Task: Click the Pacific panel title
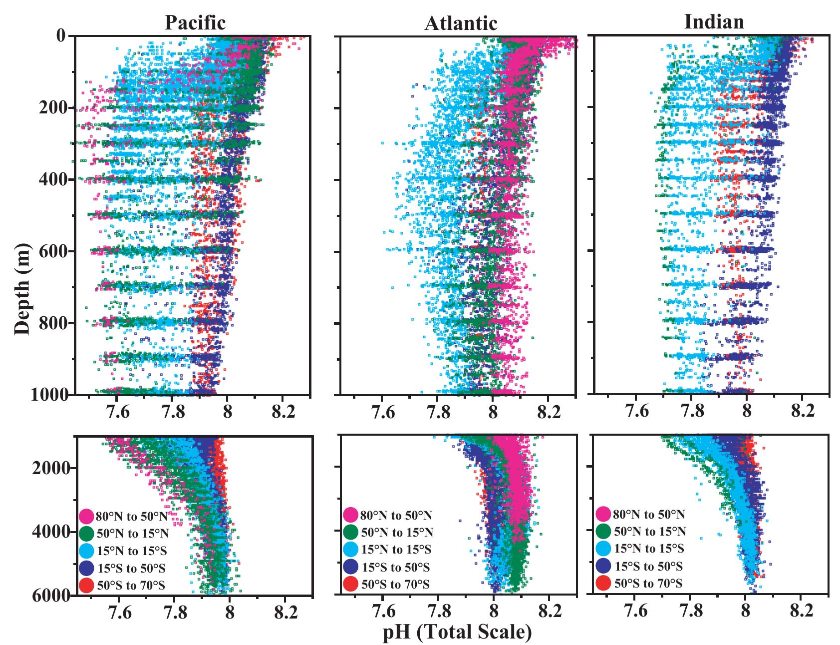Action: point(195,22)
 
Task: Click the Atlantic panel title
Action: point(461,23)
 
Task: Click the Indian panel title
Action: point(714,21)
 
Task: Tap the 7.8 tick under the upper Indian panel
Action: point(691,412)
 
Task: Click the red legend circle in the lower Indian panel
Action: point(603,583)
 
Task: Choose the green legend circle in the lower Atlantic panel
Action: point(350,532)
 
